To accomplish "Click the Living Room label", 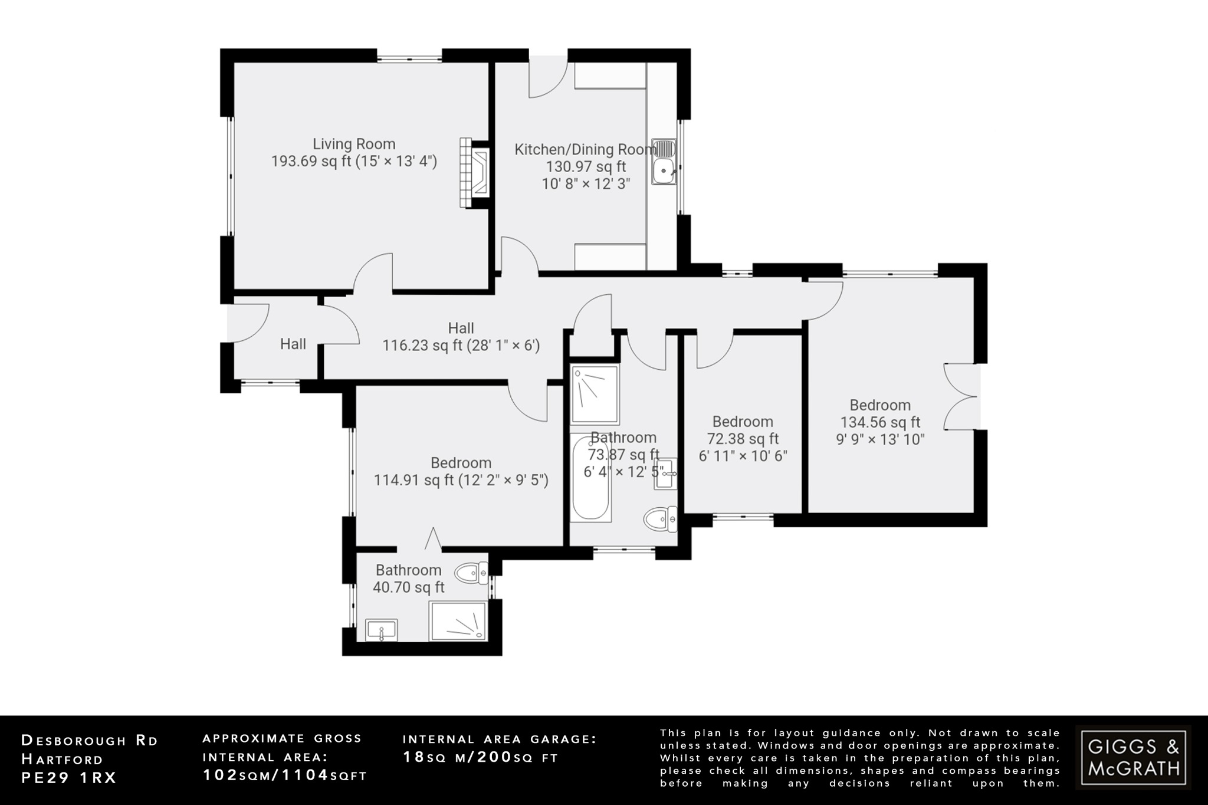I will pyautogui.click(x=354, y=144).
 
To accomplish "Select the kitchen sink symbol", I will pyautogui.click(x=665, y=163).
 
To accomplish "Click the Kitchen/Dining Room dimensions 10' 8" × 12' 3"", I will pyautogui.click(x=586, y=183).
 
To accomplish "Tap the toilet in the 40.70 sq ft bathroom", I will pyautogui.click(x=472, y=572).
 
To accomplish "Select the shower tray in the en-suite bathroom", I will pyautogui.click(x=459, y=621).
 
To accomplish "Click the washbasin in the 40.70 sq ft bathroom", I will pyautogui.click(x=382, y=630).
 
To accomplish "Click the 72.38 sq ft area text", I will pyautogui.click(x=743, y=439).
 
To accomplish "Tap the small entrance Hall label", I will pyautogui.click(x=293, y=344).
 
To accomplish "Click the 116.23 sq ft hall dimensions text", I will pyautogui.click(x=461, y=346).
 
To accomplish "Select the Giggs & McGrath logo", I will pyautogui.click(x=1133, y=758).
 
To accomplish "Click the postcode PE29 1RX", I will pyautogui.click(x=69, y=778).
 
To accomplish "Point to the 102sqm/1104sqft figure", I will pyautogui.click(x=285, y=776).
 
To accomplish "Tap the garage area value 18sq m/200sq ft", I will pyautogui.click(x=480, y=758).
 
